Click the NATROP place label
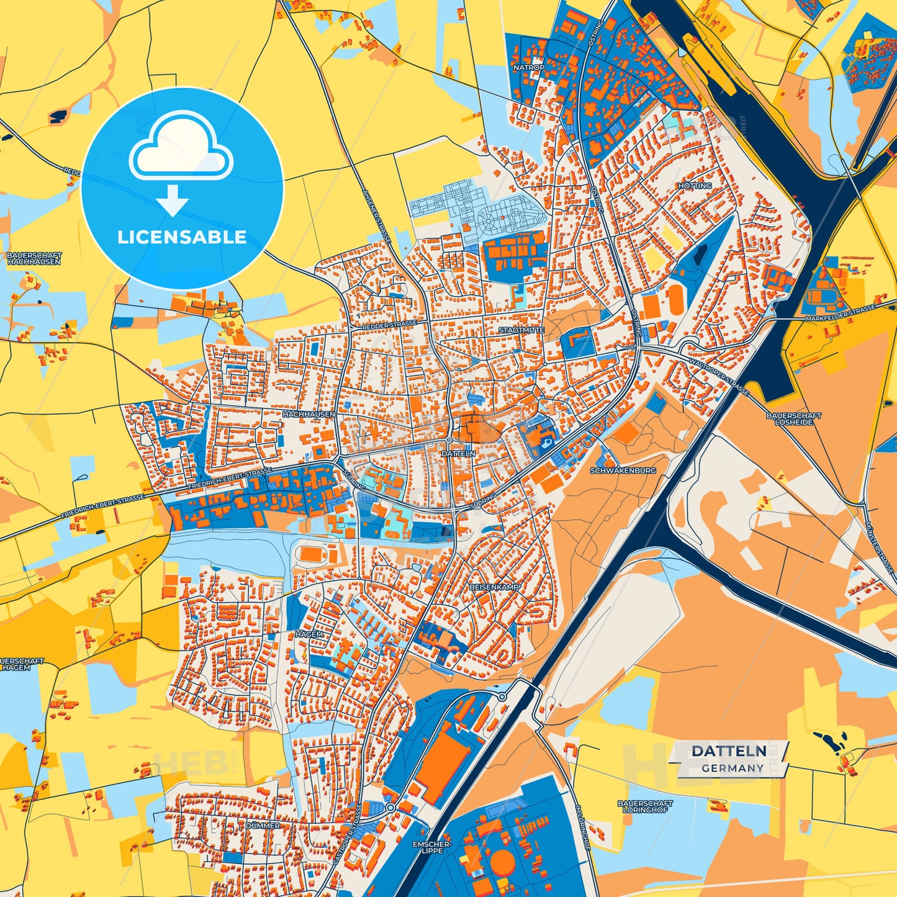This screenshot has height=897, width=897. [529, 67]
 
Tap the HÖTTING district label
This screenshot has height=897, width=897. [695, 186]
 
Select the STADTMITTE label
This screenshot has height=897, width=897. [521, 330]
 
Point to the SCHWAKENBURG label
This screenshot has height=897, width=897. [623, 471]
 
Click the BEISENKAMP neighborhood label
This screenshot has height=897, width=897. [494, 587]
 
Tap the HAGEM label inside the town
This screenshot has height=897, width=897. [309, 634]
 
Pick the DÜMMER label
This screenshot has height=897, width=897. [263, 826]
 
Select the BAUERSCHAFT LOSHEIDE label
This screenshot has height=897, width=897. [793, 418]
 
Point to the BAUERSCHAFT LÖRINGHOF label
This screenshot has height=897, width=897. [645, 806]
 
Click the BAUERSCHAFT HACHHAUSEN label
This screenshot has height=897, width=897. [34, 258]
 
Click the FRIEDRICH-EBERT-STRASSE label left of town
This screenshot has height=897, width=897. [102, 507]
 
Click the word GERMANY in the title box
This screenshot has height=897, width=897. [732, 768]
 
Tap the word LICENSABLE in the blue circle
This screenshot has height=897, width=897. [182, 237]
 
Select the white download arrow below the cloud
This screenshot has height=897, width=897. [173, 201]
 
